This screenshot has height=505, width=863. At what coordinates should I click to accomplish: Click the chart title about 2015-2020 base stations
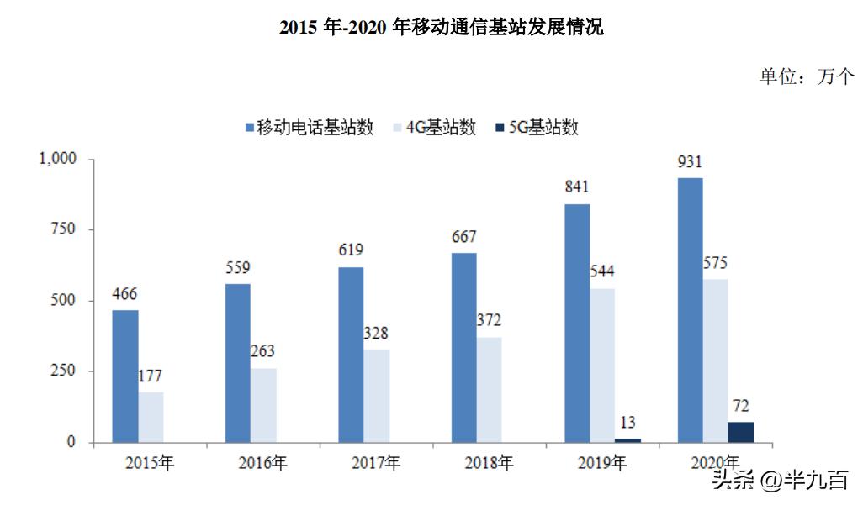(441, 27)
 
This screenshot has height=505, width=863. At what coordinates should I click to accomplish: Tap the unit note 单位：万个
(807, 76)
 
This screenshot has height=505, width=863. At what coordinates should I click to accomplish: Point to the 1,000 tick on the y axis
(59, 159)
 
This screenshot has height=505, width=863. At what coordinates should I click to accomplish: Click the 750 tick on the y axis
(64, 229)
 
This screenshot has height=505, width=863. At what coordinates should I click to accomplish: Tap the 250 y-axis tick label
(64, 371)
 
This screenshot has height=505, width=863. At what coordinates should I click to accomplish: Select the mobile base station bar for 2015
(125, 376)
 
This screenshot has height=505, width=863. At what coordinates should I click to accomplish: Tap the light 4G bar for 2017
(377, 396)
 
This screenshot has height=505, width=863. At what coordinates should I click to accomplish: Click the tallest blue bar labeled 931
(690, 310)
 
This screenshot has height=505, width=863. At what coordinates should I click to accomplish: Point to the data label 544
(601, 271)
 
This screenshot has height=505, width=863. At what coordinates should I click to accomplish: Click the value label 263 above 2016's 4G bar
(262, 350)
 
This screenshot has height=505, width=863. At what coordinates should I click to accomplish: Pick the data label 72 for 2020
(741, 405)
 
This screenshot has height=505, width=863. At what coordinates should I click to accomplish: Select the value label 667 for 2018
(463, 236)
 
